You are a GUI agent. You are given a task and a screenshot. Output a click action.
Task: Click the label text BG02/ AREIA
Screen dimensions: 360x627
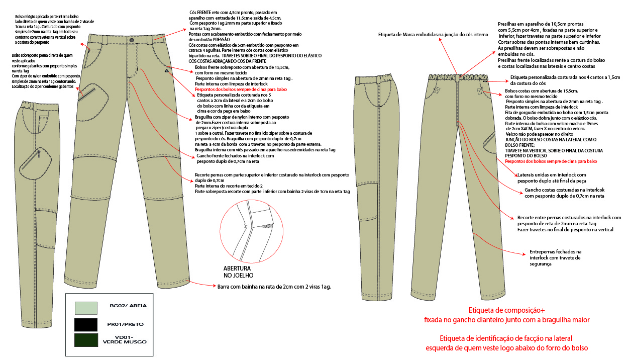pos(128,305)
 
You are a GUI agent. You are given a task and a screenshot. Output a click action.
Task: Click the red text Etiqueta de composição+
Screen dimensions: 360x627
pos(506,310)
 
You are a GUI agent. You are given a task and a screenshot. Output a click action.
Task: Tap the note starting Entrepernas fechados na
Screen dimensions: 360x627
pos(555,251)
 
